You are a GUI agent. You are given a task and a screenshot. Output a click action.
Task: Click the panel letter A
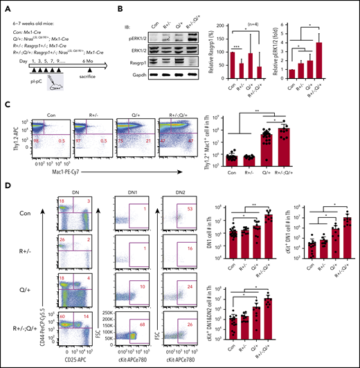pos(6,8)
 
